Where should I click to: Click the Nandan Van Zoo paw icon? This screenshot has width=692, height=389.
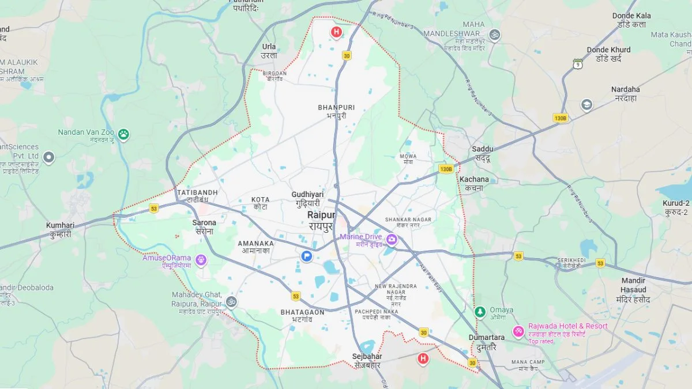(123, 134)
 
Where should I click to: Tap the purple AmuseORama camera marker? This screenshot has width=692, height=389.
(201, 260)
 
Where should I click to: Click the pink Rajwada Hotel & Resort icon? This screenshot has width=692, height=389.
(518, 331)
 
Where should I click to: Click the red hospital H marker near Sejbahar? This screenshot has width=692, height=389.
(423, 359)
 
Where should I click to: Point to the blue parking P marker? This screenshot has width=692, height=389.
(307, 256)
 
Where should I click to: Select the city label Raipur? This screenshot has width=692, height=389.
(321, 215)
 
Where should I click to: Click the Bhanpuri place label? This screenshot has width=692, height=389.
(336, 108)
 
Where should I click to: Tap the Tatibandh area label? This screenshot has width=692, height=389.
(197, 192)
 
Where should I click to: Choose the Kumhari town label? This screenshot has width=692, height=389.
(61, 226)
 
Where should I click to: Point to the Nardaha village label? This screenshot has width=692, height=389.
(625, 90)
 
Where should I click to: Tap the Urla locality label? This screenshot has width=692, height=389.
(269, 47)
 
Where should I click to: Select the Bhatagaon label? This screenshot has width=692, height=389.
(302, 312)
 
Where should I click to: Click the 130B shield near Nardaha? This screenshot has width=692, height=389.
(560, 118)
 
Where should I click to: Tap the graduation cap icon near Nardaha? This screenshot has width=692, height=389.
(586, 105)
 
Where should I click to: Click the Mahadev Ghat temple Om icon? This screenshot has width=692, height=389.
(231, 301)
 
